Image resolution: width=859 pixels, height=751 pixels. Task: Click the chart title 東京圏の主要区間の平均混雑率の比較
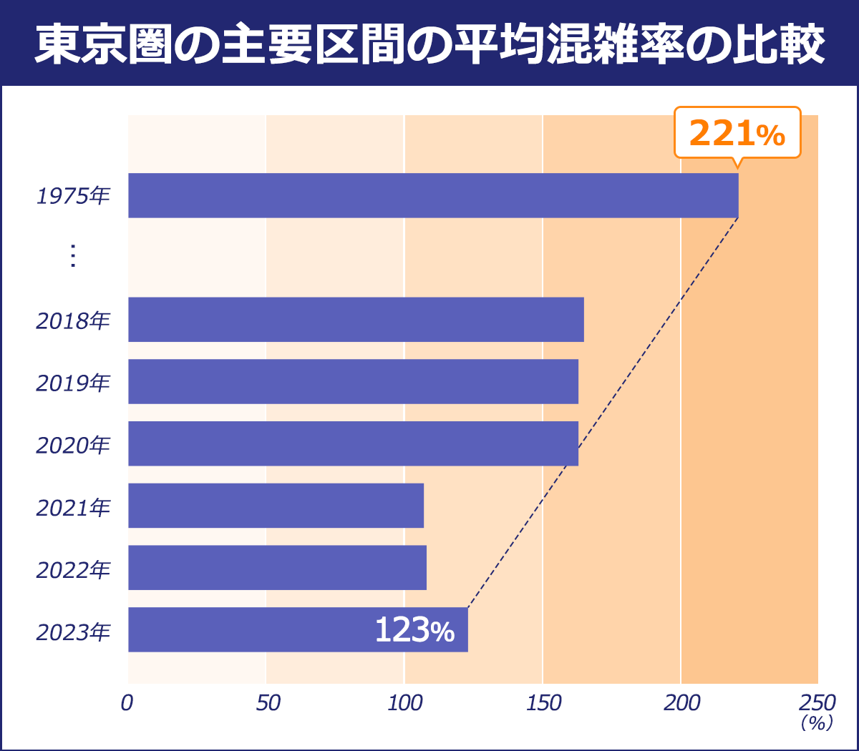429,44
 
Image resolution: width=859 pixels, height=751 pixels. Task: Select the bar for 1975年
433,195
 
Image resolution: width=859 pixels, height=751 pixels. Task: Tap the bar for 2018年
356,320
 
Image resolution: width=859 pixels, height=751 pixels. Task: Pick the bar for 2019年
353,381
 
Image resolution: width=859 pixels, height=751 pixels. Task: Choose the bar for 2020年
353,443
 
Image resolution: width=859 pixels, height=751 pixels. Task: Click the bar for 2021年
276,506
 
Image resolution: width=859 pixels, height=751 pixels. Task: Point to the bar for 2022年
277,568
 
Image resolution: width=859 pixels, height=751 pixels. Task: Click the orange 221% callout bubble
737,133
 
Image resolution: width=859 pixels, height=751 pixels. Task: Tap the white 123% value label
414,631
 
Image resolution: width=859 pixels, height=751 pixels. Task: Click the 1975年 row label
73,196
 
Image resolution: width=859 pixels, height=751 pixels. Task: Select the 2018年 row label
73,320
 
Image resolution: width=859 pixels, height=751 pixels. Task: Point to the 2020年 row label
73,445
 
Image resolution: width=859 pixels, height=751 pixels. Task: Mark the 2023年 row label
73,632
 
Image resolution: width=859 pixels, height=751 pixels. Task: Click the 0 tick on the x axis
127,703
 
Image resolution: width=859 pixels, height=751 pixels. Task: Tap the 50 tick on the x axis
268,703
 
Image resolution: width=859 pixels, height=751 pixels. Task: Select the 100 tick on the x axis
405,703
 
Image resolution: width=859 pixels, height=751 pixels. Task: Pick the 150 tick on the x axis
543,703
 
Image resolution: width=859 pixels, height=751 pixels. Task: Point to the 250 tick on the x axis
817,703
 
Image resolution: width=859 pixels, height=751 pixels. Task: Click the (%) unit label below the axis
817,723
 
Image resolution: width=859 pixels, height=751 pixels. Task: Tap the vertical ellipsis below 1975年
72,256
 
